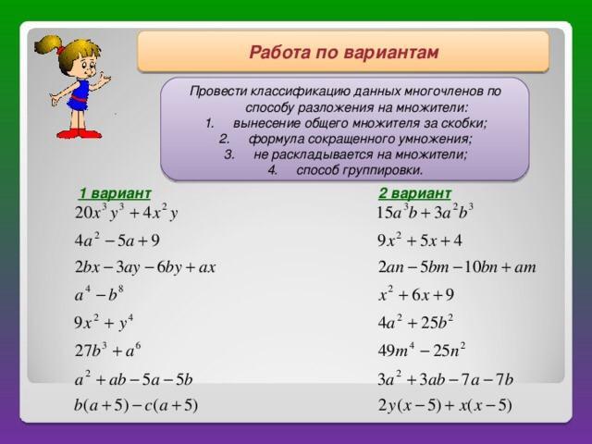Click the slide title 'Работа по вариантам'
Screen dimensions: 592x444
click(x=343, y=52)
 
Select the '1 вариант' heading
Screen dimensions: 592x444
click(x=115, y=193)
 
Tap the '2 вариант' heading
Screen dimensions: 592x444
click(x=414, y=193)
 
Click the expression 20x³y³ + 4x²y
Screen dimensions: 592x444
click(x=126, y=212)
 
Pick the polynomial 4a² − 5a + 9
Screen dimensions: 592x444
click(x=117, y=240)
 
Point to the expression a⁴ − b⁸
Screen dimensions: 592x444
click(x=99, y=294)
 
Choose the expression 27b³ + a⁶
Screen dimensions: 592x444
click(x=107, y=350)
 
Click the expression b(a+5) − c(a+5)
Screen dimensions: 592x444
click(x=136, y=405)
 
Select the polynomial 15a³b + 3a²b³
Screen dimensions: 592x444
click(x=425, y=212)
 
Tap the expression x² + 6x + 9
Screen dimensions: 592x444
click(x=416, y=294)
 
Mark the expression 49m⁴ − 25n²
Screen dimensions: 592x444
click(x=422, y=350)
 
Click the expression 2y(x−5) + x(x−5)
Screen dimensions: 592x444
click(x=445, y=405)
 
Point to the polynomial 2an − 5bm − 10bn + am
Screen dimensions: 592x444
click(x=457, y=267)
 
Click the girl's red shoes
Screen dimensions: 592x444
click(x=79, y=133)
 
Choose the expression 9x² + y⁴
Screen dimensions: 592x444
click(x=104, y=323)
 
